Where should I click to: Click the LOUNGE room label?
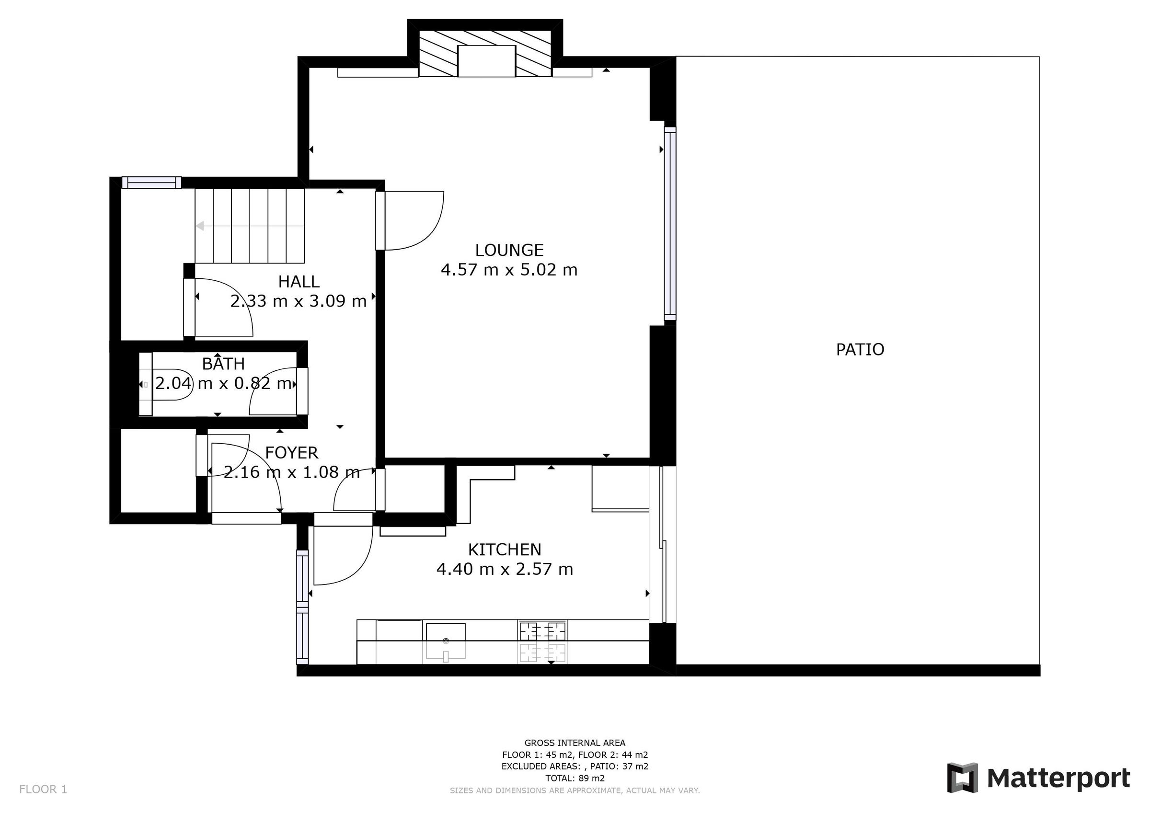[x=509, y=251]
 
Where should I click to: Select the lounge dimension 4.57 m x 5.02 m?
[x=509, y=271]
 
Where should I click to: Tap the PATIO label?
[x=860, y=350]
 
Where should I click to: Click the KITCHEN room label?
[x=505, y=550]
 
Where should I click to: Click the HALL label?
[x=299, y=282]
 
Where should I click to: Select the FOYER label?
[x=291, y=453]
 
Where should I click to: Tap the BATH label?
[x=223, y=364]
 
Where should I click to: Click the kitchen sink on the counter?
[x=445, y=641]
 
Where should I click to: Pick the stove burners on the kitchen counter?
[x=543, y=641]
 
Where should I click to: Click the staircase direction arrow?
[x=200, y=226]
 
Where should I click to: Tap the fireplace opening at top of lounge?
[x=486, y=61]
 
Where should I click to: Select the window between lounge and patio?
[x=670, y=224]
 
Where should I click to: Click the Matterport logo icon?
[x=962, y=778]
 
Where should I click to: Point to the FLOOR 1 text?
[x=43, y=790]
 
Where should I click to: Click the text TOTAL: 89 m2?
[x=575, y=779]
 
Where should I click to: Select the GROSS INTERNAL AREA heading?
[x=575, y=743]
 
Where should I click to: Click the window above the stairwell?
[x=152, y=183]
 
